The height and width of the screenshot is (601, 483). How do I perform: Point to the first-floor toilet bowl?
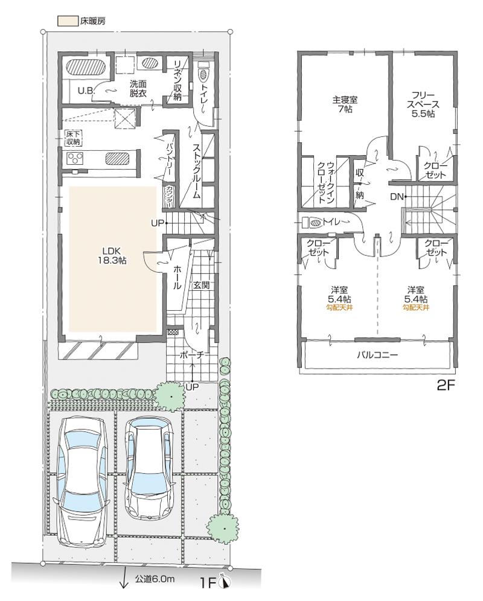[203, 74]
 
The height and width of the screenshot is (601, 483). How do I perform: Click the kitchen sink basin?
[117, 159]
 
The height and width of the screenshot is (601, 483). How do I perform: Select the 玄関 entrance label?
[201, 285]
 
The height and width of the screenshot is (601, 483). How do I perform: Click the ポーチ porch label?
[193, 356]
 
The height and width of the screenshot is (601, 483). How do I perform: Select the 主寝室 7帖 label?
[344, 104]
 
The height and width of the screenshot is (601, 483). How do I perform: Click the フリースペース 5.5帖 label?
[422, 104]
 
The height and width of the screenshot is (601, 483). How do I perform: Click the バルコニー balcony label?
[377, 355]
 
